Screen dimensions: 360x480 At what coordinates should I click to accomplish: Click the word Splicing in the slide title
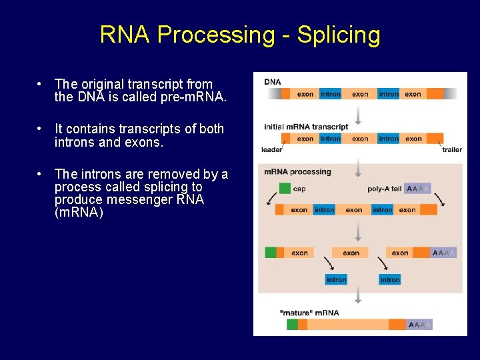coord(339,35)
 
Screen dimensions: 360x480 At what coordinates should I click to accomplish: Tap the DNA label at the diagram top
coord(273,82)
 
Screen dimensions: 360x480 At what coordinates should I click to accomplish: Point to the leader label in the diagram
coord(272,150)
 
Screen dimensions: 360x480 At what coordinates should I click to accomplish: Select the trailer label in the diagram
coord(451,150)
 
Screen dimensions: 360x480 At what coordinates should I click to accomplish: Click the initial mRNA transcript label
coord(306,127)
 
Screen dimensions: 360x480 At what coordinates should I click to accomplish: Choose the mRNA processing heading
coord(297,172)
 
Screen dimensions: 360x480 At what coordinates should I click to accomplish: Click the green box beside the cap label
coord(285,189)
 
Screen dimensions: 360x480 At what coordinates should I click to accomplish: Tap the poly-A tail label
coord(385,189)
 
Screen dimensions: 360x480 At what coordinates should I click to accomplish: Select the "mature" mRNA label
coord(309,313)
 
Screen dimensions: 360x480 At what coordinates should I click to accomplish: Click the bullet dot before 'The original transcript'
coord(41,84)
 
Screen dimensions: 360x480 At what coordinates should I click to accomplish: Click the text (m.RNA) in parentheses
coord(79,213)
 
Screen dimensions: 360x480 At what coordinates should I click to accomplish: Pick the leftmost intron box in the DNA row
coord(331,94)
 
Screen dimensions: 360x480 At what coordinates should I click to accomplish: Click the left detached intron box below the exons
coord(336,279)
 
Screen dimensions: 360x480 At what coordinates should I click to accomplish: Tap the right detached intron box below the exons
coord(389,279)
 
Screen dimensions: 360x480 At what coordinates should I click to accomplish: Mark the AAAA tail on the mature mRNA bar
coord(419,325)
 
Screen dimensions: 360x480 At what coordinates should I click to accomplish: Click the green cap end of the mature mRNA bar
coord(292,325)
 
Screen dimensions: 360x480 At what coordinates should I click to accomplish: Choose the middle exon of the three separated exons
coord(351,253)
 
